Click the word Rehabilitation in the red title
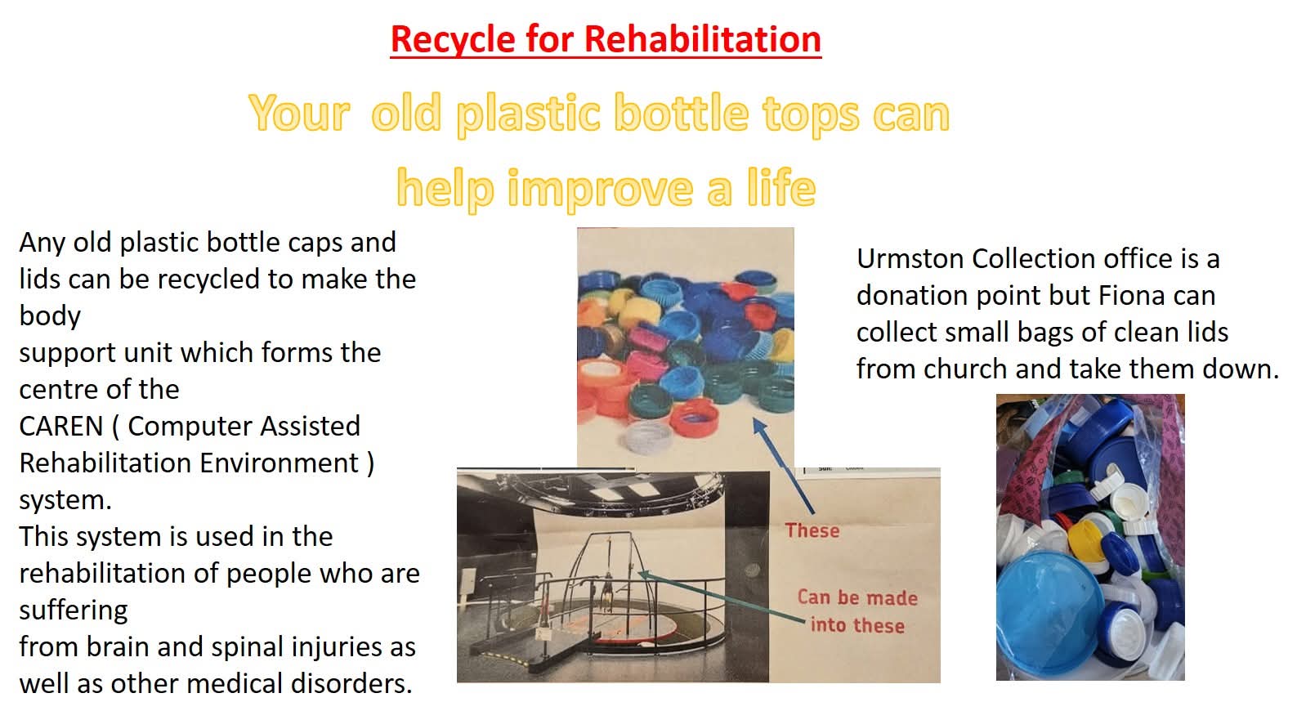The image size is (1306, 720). coord(703,39)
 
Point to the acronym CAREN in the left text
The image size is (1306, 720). coord(60,426)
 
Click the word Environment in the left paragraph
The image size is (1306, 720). coord(280,463)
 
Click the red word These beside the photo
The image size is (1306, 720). coord(812,530)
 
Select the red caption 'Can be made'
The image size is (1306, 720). coord(857,597)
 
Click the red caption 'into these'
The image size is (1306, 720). coord(857,625)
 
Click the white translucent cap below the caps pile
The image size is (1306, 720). coord(647,436)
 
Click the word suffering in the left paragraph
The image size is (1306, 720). coord(74,610)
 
